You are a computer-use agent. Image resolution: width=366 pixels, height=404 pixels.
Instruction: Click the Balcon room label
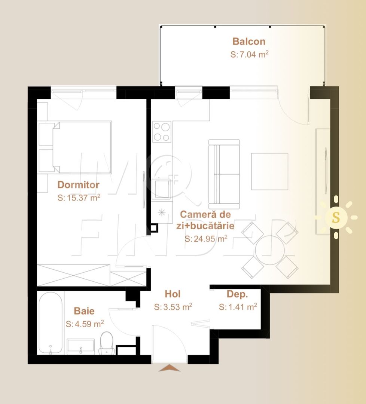(x=249, y=41)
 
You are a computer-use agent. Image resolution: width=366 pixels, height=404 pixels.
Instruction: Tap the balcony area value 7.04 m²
(x=250, y=54)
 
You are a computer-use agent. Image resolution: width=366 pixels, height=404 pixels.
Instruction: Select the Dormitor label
(x=78, y=185)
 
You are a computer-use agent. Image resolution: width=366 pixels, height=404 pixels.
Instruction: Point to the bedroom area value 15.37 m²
(x=79, y=198)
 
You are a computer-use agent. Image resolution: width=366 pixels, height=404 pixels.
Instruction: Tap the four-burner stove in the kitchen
(x=162, y=132)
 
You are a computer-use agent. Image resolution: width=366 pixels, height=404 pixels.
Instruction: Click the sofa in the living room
(x=224, y=174)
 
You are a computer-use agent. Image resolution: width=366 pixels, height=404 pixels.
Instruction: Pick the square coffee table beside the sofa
(x=269, y=171)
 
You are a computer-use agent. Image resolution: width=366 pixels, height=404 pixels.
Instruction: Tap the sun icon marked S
(x=336, y=217)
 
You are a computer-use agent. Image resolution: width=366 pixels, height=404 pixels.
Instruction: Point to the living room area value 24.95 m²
(x=206, y=239)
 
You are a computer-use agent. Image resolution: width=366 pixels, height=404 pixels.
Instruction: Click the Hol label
(x=173, y=294)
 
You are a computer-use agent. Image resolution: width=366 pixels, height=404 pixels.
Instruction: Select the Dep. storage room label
(x=238, y=294)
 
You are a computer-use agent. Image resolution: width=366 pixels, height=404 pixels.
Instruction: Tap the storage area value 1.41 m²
(x=238, y=307)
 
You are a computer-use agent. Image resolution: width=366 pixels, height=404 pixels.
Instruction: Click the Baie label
(x=84, y=311)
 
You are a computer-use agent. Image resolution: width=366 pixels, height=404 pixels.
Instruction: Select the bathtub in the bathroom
(x=50, y=322)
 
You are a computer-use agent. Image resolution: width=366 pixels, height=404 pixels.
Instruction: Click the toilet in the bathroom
(x=106, y=342)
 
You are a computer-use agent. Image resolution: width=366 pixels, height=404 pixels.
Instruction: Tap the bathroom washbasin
(x=80, y=346)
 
